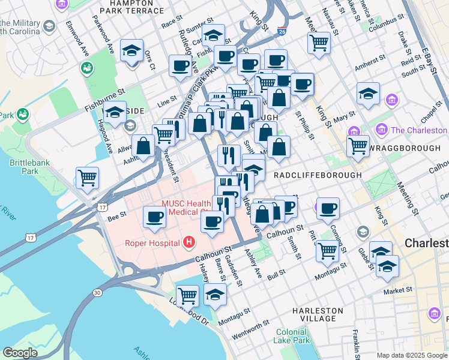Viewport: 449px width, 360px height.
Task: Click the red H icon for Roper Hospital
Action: coord(189,242)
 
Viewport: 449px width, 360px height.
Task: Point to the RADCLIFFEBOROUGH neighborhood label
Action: coord(318,175)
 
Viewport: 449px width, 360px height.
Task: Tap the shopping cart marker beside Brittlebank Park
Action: coord(87,178)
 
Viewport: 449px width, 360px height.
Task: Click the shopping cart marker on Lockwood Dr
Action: coord(187,295)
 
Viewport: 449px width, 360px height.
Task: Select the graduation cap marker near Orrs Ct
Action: coord(131,50)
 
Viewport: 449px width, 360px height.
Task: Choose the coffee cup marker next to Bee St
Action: coord(154,217)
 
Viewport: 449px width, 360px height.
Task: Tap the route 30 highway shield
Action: coord(97,292)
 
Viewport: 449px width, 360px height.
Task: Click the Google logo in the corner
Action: coord(20,353)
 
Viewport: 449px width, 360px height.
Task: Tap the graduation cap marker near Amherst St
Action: coord(367,93)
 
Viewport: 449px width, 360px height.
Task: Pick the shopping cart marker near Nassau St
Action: coord(319,42)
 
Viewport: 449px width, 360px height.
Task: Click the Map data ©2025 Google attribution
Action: coord(412,355)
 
